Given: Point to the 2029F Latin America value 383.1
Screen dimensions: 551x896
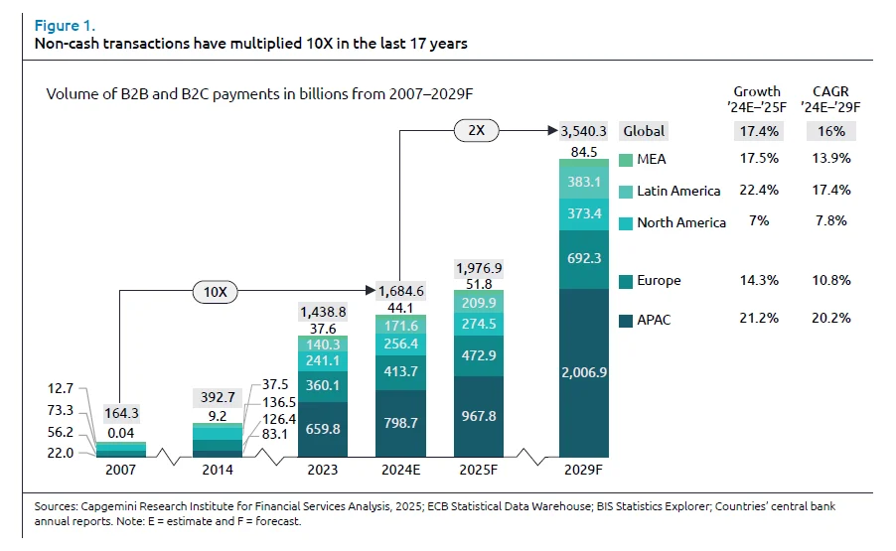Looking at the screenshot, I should tap(583, 183).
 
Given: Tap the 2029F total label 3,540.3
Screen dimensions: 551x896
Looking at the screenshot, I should tap(584, 130).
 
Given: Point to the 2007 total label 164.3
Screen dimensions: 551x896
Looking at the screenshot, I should tap(121, 414).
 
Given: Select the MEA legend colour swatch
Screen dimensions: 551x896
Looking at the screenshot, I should tap(625, 160).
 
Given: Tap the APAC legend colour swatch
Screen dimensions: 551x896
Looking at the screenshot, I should tap(625, 321).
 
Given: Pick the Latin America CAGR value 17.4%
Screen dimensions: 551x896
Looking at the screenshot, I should tap(830, 190).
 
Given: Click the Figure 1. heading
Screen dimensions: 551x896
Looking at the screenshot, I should tap(65, 25).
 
